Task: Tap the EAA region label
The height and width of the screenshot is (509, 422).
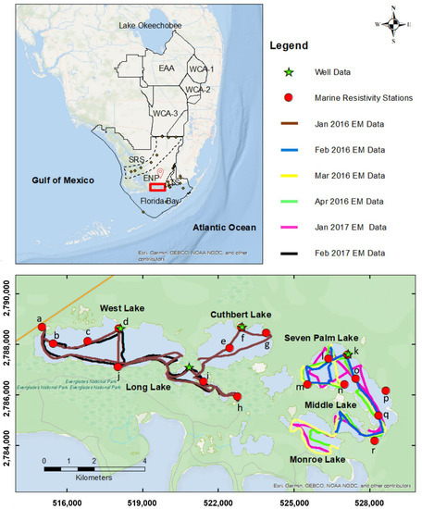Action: pos(167,68)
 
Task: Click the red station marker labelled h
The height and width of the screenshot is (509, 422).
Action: pos(238,397)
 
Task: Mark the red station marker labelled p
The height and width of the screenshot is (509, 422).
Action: pos(386,391)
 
